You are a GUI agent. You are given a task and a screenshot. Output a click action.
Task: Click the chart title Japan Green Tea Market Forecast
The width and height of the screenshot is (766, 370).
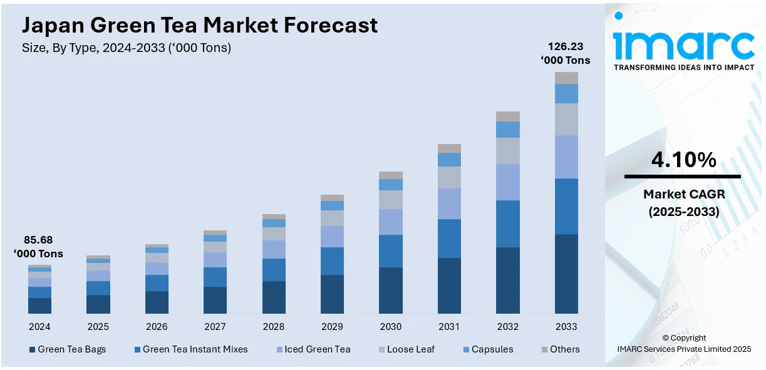pyautogui.click(x=200, y=25)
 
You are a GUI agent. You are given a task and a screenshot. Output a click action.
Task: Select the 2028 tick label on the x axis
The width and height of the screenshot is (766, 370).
pyautogui.click(x=273, y=327)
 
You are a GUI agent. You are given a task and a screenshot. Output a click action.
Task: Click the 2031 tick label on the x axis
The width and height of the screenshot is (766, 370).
pyautogui.click(x=449, y=327)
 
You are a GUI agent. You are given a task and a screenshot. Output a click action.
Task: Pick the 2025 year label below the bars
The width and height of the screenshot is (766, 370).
pyautogui.click(x=98, y=327)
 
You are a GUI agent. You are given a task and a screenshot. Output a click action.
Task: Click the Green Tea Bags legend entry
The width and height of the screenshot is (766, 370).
pyautogui.click(x=67, y=349)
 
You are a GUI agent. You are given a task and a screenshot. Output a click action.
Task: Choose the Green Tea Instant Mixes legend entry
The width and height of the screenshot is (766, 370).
pyautogui.click(x=190, y=349)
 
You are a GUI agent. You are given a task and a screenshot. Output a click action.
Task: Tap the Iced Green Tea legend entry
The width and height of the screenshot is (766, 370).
pyautogui.click(x=313, y=349)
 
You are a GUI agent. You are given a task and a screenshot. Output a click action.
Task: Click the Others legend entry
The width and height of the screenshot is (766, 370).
pyautogui.click(x=560, y=349)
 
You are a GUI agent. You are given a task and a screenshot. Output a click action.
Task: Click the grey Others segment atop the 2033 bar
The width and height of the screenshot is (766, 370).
pyautogui.click(x=566, y=78)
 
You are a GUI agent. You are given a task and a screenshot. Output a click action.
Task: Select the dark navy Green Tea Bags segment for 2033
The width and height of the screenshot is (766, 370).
pyautogui.click(x=566, y=274)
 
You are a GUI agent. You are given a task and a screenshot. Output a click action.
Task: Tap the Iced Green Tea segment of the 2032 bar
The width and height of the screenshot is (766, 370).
pyautogui.click(x=508, y=182)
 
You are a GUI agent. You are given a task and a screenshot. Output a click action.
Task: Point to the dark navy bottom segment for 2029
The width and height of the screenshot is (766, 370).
pyautogui.click(x=332, y=294)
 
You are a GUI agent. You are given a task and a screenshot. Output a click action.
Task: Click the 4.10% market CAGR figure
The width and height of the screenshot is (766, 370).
pyautogui.click(x=683, y=161)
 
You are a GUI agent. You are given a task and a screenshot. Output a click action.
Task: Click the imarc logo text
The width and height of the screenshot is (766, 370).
pyautogui.click(x=684, y=44)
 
